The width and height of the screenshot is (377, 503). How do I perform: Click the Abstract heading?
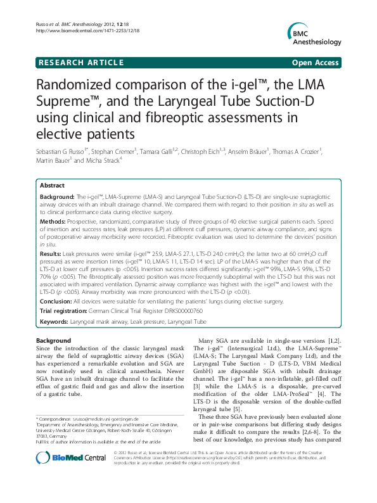point(52,186)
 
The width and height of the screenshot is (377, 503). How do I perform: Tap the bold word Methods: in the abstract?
point(54,222)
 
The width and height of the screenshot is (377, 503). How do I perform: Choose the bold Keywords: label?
point(57,321)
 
